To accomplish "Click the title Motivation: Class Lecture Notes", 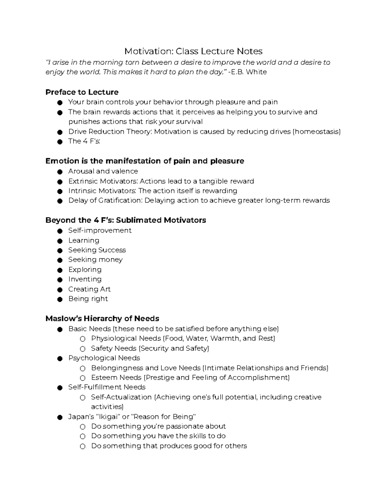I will tap(193, 51).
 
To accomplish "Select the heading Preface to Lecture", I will tap(82, 92).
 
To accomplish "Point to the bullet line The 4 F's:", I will tap(84, 141).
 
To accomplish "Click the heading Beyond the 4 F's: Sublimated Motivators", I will tap(125, 220).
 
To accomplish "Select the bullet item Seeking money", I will tap(95, 260).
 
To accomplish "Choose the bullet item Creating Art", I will tap(89, 289).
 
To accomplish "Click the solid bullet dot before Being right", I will tap(60, 299).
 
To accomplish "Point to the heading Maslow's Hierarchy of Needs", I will tap(102, 319).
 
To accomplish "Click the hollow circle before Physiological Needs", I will tap(83, 339).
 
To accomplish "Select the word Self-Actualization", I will tap(121, 397).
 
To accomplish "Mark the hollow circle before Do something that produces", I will tap(83, 446).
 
